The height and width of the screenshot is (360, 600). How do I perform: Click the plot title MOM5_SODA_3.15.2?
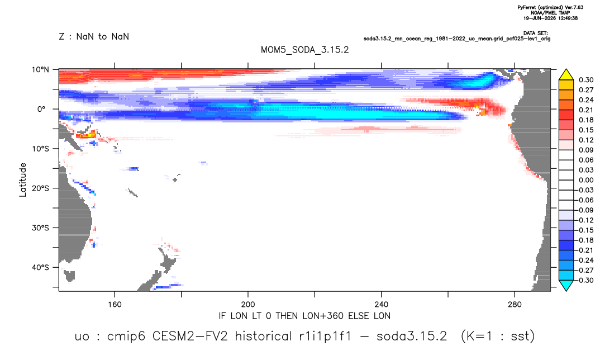click(304, 50)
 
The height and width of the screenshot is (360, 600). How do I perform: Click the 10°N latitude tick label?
click(40, 70)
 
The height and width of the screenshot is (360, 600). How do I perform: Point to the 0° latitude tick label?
click(41, 109)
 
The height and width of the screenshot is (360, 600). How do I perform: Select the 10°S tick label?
click(40, 149)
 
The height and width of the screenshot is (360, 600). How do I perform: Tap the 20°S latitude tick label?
click(40, 188)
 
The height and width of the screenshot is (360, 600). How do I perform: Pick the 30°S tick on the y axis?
click(40, 228)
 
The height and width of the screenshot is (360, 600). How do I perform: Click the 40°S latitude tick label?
click(40, 267)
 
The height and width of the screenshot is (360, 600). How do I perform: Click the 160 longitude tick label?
click(115, 305)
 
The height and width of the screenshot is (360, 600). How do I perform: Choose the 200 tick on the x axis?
click(248, 305)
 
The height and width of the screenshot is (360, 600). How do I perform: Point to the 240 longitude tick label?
click(381, 305)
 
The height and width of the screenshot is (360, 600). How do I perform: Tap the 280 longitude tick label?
click(515, 305)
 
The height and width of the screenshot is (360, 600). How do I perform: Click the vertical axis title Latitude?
click(23, 180)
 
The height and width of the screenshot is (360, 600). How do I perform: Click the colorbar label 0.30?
click(586, 80)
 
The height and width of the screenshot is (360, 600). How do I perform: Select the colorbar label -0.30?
click(585, 280)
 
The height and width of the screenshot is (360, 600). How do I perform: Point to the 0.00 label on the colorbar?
click(586, 180)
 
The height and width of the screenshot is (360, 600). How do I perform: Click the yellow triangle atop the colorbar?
click(566, 75)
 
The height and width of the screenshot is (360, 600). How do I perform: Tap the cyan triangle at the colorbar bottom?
click(566, 285)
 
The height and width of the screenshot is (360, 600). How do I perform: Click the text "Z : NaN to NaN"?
click(94, 37)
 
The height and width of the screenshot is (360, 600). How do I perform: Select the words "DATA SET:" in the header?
click(536, 34)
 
